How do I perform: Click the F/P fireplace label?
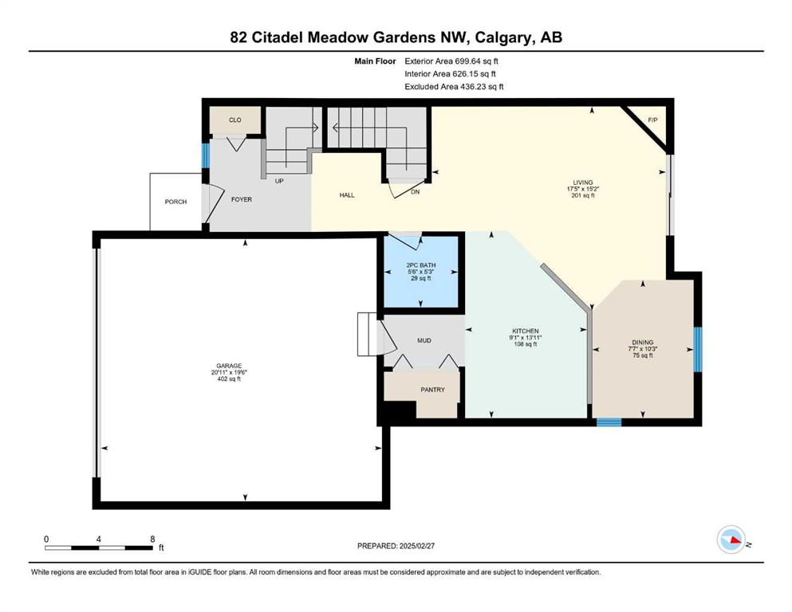coord(652,120)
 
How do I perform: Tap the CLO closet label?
coord(234,120)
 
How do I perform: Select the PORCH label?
coord(175,202)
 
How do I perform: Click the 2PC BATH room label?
coord(421,265)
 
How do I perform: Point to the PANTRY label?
coord(433,390)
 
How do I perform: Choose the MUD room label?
coord(424,340)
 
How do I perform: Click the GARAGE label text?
coord(230,366)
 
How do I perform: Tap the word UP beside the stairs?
coord(279,181)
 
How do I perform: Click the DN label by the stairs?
coord(416,192)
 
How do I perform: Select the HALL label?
coord(347,195)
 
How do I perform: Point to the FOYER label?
coord(242,199)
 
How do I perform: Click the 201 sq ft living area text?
coord(583,195)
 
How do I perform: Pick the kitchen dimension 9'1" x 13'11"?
coord(526,338)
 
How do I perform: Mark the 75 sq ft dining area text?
coord(643,355)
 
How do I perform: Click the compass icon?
coord(731,539)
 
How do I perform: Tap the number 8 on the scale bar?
coord(152,539)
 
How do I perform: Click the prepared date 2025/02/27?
coord(416,546)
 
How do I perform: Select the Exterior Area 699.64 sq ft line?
coord(451,61)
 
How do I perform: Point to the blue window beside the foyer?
coord(206,156)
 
